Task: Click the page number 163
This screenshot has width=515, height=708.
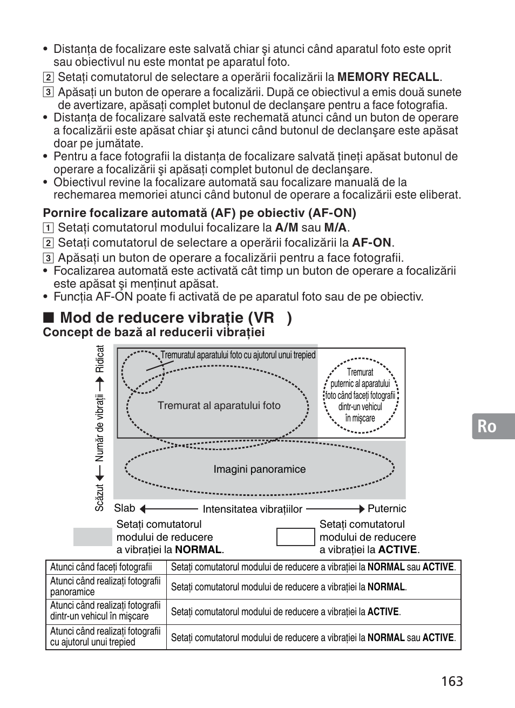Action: [451, 681]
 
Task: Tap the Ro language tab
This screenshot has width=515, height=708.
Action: [487, 426]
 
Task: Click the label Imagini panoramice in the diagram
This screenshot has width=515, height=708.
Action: [259, 469]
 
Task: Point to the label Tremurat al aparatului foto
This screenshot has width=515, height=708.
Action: [219, 406]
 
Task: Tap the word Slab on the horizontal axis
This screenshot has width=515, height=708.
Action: [125, 508]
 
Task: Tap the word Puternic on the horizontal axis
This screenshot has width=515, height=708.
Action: [387, 508]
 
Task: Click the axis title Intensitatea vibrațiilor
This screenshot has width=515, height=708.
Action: [252, 509]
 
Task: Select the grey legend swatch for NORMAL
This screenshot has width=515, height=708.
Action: [92, 537]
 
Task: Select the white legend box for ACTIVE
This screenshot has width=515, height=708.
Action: [295, 537]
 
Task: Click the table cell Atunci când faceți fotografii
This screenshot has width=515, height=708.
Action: [101, 567]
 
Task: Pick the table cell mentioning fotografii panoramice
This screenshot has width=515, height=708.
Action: [105, 586]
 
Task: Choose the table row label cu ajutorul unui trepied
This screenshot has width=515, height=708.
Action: [105, 636]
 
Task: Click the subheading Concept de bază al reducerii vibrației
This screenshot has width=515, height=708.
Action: [154, 332]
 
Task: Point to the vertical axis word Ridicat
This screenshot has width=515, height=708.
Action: [100, 359]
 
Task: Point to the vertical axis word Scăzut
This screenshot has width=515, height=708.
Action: [100, 498]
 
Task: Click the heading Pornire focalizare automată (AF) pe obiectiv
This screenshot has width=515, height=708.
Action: [199, 213]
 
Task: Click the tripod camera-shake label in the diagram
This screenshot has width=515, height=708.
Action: [238, 355]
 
